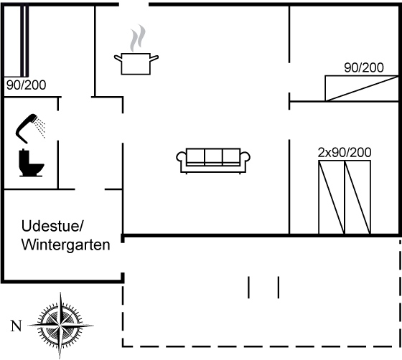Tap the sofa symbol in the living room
(213, 161)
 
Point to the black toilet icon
(31, 163)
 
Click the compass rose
(60, 326)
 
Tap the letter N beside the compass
(16, 326)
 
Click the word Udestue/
(52, 226)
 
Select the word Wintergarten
(65, 245)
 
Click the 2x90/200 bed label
(345, 153)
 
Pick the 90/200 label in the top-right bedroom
(364, 67)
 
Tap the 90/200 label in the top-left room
(26, 85)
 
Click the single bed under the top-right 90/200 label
(362, 88)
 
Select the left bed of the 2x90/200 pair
(332, 197)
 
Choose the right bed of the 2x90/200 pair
(357, 197)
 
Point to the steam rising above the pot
(138, 38)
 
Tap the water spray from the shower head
(40, 128)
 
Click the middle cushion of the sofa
(214, 157)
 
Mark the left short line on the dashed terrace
(248, 288)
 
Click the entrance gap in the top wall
(134, 4)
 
